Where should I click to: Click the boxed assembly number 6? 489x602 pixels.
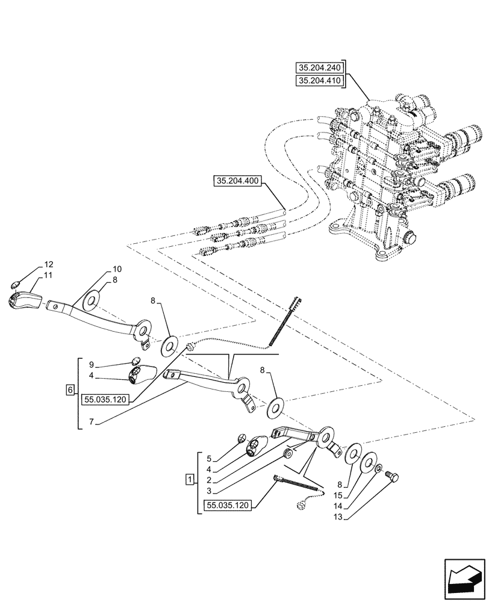click(71, 391)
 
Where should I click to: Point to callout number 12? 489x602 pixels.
click(49, 265)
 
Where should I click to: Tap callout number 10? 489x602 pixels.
click(117, 268)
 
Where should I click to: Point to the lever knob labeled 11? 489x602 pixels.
click(22, 299)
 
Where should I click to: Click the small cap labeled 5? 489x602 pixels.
click(242, 438)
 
